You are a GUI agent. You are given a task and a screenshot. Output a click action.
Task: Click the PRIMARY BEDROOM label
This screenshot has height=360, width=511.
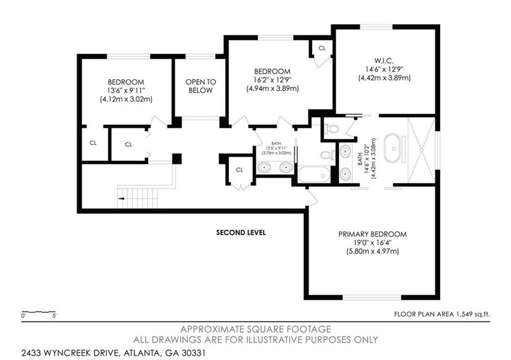click(372, 234)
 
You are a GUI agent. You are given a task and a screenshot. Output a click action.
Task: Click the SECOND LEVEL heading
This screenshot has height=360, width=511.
click(241, 232)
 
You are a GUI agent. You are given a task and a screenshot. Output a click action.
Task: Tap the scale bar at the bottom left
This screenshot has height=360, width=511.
click(38, 313)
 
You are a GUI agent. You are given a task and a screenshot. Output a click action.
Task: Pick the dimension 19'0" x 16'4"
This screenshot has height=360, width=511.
click(372, 242)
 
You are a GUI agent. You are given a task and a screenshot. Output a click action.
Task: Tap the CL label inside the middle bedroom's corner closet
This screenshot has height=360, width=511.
click(322, 47)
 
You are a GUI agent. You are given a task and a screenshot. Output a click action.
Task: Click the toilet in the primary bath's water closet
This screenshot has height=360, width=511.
click(332, 127)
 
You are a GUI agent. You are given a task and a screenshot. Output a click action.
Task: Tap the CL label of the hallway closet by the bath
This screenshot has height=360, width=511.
click(239, 170)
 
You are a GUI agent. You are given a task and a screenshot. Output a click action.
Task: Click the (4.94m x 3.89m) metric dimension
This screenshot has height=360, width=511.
click(273, 88)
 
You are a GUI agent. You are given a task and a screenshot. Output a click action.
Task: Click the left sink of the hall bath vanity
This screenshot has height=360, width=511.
click(265, 167)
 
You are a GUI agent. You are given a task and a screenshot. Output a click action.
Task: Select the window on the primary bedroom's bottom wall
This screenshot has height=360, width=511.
click(372, 296)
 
